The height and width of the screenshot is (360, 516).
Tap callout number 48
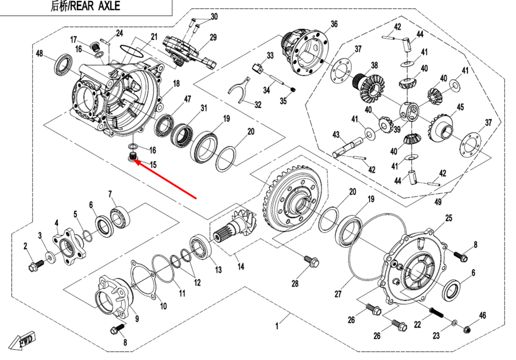[x=39, y=54]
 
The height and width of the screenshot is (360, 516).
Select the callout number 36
[x=334, y=24]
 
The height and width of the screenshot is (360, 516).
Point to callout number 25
[x=448, y=218]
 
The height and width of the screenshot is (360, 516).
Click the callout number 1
[x=277, y=326]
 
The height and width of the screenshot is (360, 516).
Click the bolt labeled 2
[x=34, y=267]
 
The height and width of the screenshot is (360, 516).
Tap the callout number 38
[x=375, y=66]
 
